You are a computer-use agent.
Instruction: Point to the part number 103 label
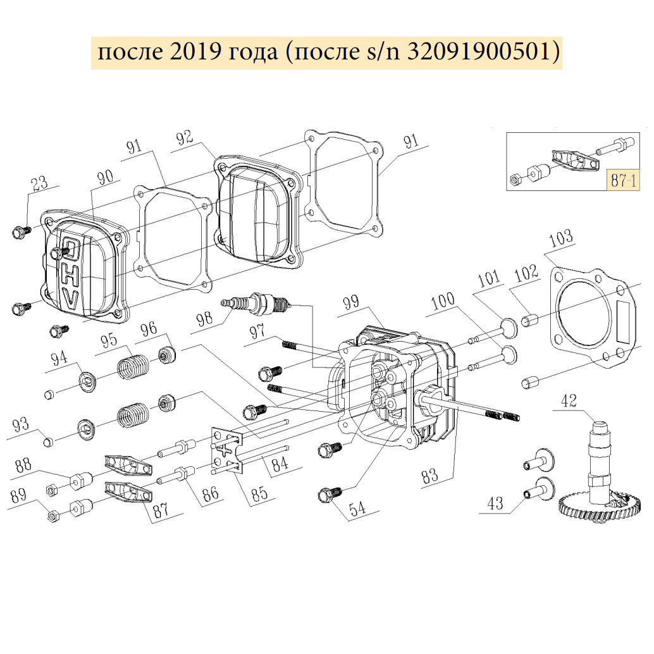[x=561, y=238]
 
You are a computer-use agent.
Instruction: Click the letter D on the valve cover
[x=72, y=250]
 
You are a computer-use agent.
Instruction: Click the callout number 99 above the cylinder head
[x=352, y=305]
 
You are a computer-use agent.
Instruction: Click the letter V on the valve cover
[x=70, y=299]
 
